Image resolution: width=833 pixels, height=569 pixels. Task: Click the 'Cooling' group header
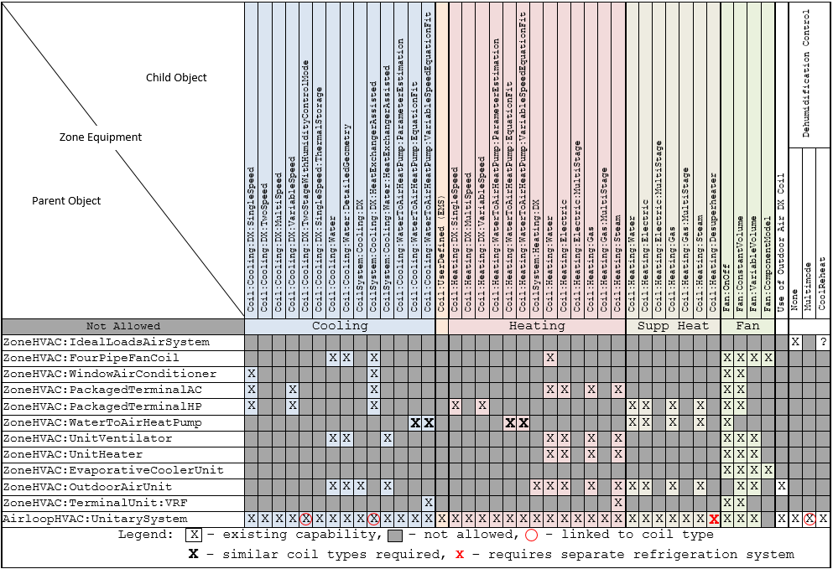point(340,326)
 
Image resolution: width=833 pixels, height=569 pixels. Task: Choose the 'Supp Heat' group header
point(673,326)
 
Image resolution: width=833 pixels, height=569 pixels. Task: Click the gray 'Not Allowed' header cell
point(122,326)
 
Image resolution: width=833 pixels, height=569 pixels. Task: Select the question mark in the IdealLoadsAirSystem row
point(823,342)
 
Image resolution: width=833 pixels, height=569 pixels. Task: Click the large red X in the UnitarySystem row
point(714,520)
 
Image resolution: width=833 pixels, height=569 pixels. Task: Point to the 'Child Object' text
point(176,78)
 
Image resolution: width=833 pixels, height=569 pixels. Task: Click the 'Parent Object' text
point(66,201)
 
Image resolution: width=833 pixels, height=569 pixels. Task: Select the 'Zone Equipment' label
point(101,137)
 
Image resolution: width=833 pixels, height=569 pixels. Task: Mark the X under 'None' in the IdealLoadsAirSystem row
point(795,342)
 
